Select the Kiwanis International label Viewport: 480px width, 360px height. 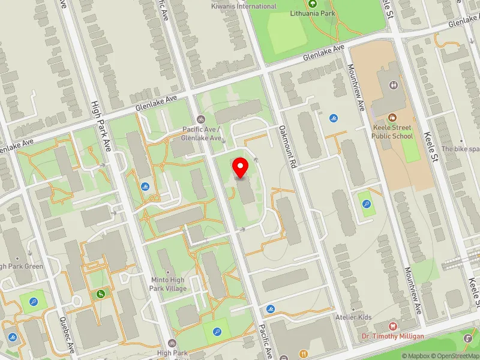244,6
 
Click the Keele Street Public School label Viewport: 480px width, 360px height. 393,131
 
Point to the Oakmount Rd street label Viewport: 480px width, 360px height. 288,146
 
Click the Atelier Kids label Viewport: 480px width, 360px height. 354,317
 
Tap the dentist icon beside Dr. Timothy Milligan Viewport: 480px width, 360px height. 393,326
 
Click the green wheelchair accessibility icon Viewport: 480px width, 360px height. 101,294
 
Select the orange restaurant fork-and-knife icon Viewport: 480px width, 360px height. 304,353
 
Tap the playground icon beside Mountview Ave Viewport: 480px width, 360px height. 367,203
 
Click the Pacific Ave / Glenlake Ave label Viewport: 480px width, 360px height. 203,133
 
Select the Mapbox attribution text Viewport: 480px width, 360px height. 421,356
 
